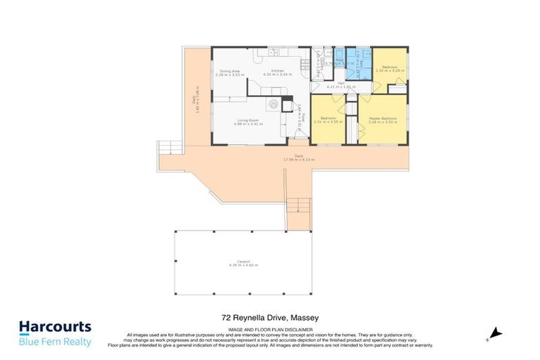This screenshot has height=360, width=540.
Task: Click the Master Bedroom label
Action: (383, 118)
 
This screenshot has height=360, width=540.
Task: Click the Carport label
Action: (244, 261)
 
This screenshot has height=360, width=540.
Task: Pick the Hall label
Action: (340, 83)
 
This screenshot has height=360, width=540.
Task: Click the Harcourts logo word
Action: (55, 327)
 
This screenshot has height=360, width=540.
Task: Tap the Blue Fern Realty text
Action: (55, 341)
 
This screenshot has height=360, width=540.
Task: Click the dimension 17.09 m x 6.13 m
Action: (299, 160)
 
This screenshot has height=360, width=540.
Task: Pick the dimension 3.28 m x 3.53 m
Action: (383, 122)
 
